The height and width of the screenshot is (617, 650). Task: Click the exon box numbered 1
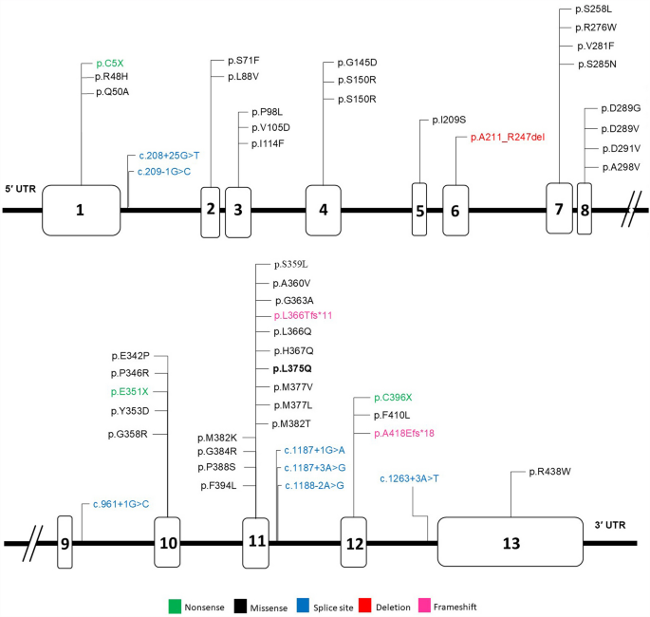[x=81, y=210]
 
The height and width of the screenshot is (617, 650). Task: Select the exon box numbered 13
[x=511, y=543]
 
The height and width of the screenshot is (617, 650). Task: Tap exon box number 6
[x=455, y=210]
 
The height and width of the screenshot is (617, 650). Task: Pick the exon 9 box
[x=65, y=543]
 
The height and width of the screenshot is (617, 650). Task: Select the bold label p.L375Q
[x=291, y=368]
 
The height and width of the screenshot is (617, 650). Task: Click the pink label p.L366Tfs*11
[x=303, y=314]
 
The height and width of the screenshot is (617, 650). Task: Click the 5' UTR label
[x=22, y=189]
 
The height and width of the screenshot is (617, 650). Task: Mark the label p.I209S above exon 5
[x=448, y=121]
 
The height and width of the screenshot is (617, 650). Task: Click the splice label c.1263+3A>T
[x=409, y=478]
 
